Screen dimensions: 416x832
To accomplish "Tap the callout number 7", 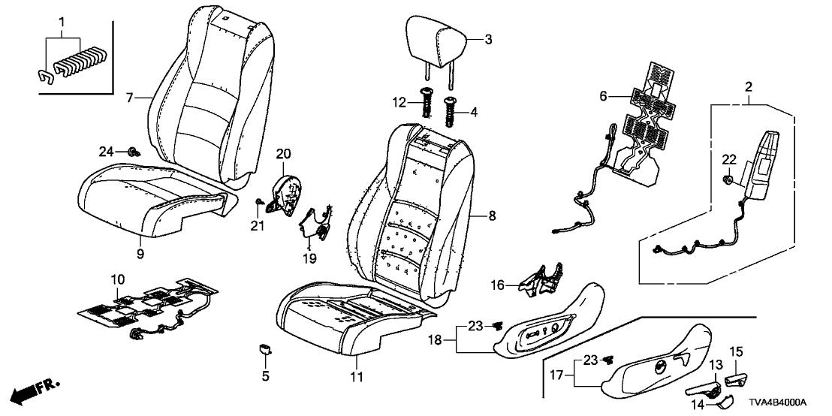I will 128,97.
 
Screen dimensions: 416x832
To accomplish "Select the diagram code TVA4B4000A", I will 788,402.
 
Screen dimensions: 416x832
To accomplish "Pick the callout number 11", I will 356,375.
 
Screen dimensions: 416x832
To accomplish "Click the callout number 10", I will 116,279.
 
